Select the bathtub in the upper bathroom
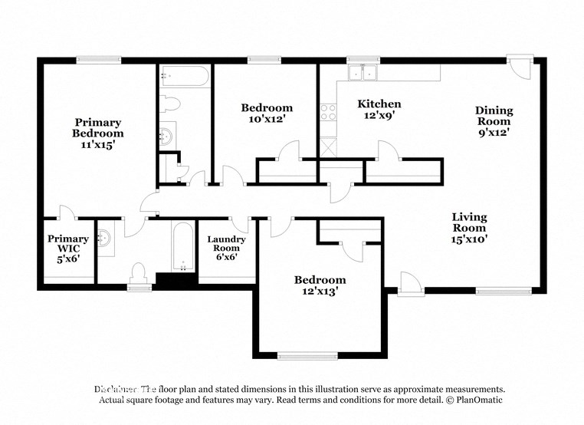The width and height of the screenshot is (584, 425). click(x=184, y=76)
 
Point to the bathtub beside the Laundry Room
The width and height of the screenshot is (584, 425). click(x=182, y=247)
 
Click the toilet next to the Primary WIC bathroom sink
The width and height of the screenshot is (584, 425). click(x=139, y=272)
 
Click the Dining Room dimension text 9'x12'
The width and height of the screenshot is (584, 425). click(x=494, y=131)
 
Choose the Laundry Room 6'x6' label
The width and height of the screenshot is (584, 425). click(x=227, y=249)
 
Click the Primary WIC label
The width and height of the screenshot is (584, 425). click(x=67, y=244)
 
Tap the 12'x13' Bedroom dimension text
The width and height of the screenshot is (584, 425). click(x=320, y=292)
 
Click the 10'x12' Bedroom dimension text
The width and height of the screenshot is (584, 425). click(x=267, y=119)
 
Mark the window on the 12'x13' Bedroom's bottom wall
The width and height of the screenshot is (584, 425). click(x=307, y=355)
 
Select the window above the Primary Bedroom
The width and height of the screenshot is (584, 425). click(x=98, y=59)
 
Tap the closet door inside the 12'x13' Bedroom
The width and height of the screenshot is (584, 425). click(x=350, y=249)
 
